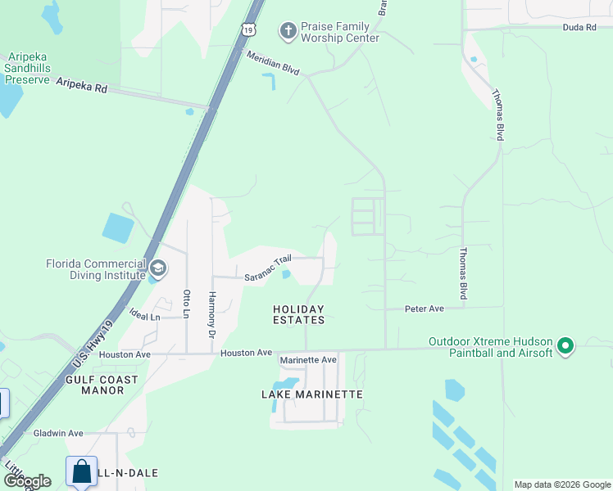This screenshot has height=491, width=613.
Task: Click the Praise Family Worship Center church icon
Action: (288, 31)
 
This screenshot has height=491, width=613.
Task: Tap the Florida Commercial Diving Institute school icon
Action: (158, 268)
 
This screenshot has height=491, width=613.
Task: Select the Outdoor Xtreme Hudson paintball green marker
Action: (565, 347)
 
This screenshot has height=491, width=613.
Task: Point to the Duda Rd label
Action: (579, 27)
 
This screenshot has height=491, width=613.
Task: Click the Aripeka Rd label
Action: (82, 86)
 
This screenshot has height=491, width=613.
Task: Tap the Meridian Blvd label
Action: (274, 62)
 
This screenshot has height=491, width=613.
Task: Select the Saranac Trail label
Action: (268, 268)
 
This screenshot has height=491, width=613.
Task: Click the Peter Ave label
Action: (425, 309)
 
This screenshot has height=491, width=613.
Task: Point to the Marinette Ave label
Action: (308, 360)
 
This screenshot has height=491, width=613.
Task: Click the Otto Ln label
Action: (187, 305)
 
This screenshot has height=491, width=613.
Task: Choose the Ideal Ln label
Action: (144, 315)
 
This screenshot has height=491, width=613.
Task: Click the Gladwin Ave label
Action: (58, 433)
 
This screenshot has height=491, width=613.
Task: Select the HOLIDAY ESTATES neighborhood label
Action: (298, 314)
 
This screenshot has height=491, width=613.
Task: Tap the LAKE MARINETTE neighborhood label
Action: (311, 394)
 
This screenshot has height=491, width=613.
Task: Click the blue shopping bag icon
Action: (82, 471)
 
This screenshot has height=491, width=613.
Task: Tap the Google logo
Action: (27, 481)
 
